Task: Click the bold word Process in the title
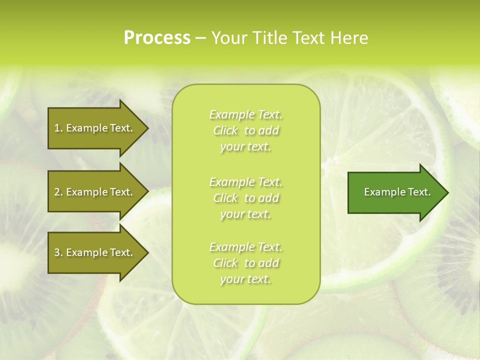[157, 37]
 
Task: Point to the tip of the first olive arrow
[147, 128]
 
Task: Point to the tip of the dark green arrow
[447, 192]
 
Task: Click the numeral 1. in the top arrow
[58, 128]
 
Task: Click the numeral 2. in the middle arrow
[58, 192]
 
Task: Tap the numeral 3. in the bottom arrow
[58, 252]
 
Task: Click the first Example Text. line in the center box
[245, 115]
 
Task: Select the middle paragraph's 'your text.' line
[245, 214]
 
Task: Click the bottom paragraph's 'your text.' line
[245, 279]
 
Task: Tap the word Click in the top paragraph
[225, 131]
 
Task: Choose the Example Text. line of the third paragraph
[245, 247]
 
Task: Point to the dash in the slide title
[200, 38]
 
